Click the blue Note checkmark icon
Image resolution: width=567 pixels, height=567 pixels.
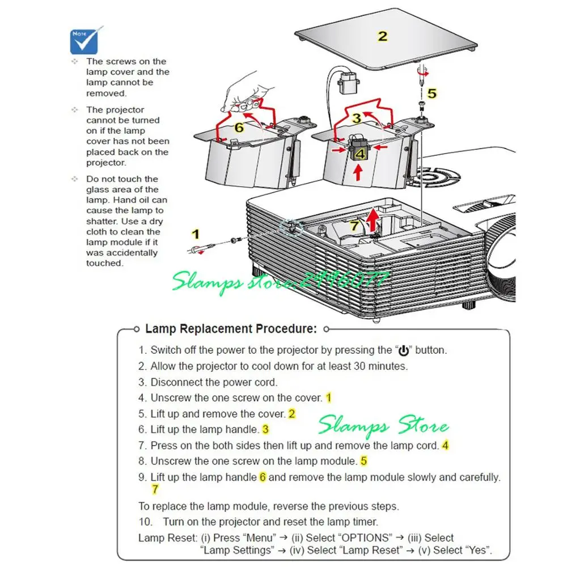(x=87, y=39)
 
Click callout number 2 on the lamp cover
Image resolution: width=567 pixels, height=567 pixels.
(x=383, y=36)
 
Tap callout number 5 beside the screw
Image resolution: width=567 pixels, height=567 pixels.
(x=432, y=94)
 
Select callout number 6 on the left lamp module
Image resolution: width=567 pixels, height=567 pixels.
(x=239, y=128)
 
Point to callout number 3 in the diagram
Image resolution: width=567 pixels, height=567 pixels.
(x=356, y=118)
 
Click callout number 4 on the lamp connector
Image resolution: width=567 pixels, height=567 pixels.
(x=359, y=153)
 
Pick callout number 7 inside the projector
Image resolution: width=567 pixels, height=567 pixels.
(x=354, y=226)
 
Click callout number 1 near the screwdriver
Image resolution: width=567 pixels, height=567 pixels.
(x=196, y=234)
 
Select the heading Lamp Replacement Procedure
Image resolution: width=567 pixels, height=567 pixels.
(x=231, y=329)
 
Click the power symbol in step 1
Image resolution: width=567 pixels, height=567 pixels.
(x=405, y=350)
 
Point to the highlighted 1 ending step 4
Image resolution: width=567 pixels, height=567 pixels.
(x=328, y=398)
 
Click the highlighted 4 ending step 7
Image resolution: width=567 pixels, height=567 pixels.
(x=445, y=446)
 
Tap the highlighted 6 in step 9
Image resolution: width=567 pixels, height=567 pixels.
(x=263, y=477)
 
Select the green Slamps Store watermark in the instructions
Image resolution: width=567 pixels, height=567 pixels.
(x=383, y=425)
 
